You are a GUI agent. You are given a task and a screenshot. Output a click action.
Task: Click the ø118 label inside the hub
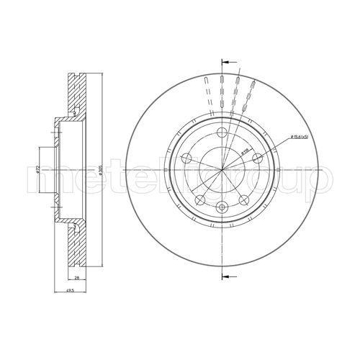[245, 150]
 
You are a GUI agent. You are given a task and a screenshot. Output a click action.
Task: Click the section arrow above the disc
[228, 62]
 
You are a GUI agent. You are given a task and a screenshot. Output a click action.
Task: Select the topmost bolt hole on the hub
[222, 132]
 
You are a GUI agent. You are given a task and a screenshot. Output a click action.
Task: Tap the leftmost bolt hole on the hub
[186, 157]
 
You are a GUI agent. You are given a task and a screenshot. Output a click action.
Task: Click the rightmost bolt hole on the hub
[257, 157]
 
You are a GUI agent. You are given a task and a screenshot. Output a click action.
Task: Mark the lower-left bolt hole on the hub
[200, 199]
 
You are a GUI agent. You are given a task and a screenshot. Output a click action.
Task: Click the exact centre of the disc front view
[222, 170]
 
